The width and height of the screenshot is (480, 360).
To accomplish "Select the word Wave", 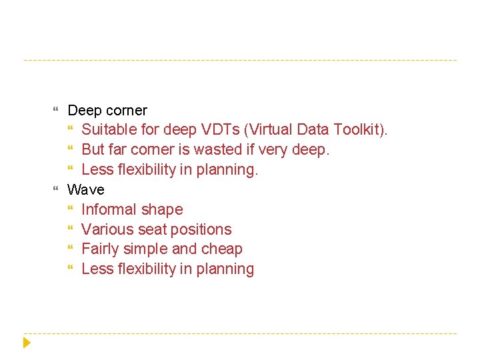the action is click(86, 189).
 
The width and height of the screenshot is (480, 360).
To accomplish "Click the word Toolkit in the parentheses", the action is click(355, 129).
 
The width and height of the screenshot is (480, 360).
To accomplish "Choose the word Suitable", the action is click(108, 129).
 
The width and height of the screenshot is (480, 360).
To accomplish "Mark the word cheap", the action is click(223, 249).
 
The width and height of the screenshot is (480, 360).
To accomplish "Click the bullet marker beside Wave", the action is click(55, 190).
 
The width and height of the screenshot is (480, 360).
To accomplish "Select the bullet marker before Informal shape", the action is click(72, 210).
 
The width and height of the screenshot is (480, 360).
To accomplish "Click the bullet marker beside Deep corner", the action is click(55, 110).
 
